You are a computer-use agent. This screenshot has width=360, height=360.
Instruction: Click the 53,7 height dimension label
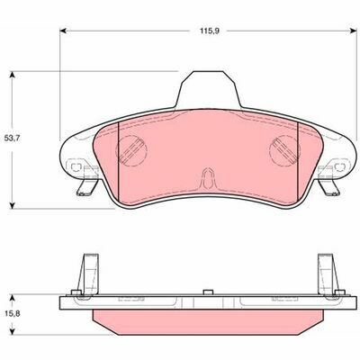pyautogui.click(x=13, y=139)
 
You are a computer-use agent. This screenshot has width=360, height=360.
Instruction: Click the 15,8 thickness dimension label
pyautogui.click(x=13, y=313)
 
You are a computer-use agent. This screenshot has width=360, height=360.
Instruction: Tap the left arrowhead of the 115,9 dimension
pyautogui.click(x=63, y=31)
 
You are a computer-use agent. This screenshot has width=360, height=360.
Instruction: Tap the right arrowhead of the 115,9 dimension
pyautogui.click(x=353, y=31)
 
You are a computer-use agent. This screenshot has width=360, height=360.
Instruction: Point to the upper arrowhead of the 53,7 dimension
pyautogui.click(x=12, y=74)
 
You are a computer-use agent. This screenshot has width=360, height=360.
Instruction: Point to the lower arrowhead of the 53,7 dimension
pyautogui.click(x=12, y=205)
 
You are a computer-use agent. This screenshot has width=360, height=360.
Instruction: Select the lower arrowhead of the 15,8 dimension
pyautogui.click(x=12, y=331)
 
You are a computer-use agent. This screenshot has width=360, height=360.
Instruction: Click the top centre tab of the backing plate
pyautogui.click(x=208, y=88)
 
